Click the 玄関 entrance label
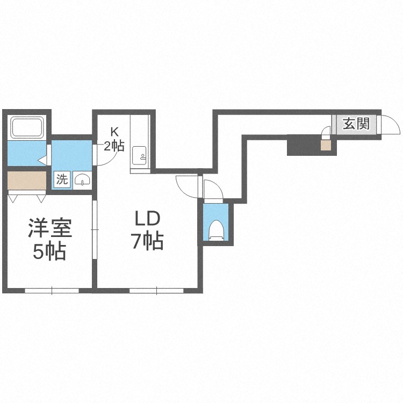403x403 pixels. click(356, 124)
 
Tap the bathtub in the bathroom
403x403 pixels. click(27, 128)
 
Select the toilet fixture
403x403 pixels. click(215, 230)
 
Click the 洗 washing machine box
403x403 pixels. click(62, 179)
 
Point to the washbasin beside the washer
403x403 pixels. click(82, 179)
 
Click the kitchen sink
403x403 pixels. click(139, 156)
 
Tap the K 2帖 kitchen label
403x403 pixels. click(114, 140)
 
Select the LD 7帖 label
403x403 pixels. click(148, 231)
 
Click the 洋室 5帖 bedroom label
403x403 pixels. click(50, 239)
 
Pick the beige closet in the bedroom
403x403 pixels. click(27, 180)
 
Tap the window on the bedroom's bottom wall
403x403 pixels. click(52, 291)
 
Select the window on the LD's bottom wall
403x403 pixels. click(156, 291)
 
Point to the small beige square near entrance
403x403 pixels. click(326, 146)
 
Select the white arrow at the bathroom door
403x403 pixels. click(42, 160)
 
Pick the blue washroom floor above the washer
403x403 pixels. click(71, 155)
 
